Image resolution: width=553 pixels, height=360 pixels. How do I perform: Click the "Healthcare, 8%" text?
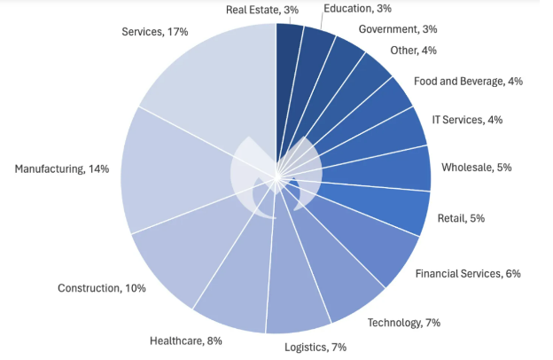click(x=186, y=340)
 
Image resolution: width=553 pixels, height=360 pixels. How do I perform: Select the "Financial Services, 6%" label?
click(x=468, y=273)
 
